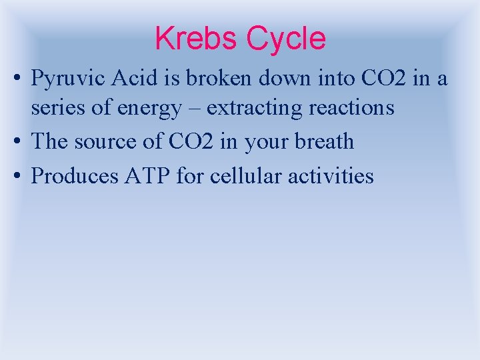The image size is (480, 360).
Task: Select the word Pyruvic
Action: [x=69, y=80]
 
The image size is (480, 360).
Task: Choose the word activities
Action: [x=333, y=176]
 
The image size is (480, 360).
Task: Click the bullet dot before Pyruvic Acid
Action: [x=17, y=80]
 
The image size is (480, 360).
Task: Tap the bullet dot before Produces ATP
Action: [x=17, y=176]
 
